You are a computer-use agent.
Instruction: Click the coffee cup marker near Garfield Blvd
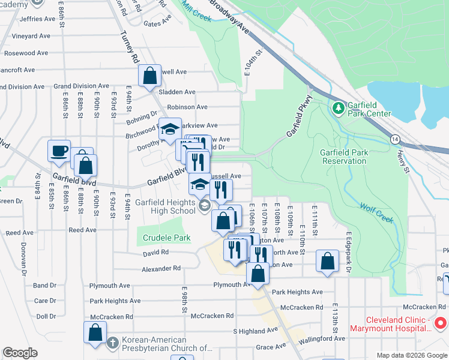[59, 151]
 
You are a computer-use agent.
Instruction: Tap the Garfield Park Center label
[368, 109]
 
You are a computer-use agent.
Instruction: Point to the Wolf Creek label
[377, 213]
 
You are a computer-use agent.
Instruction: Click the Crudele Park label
[166, 238]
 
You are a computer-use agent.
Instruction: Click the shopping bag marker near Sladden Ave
[149, 76]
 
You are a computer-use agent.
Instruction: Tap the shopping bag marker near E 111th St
[327, 260]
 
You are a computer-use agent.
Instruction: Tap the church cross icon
[112, 343]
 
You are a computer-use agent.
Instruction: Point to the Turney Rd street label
[129, 48]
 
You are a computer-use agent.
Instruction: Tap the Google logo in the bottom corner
[20, 353]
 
